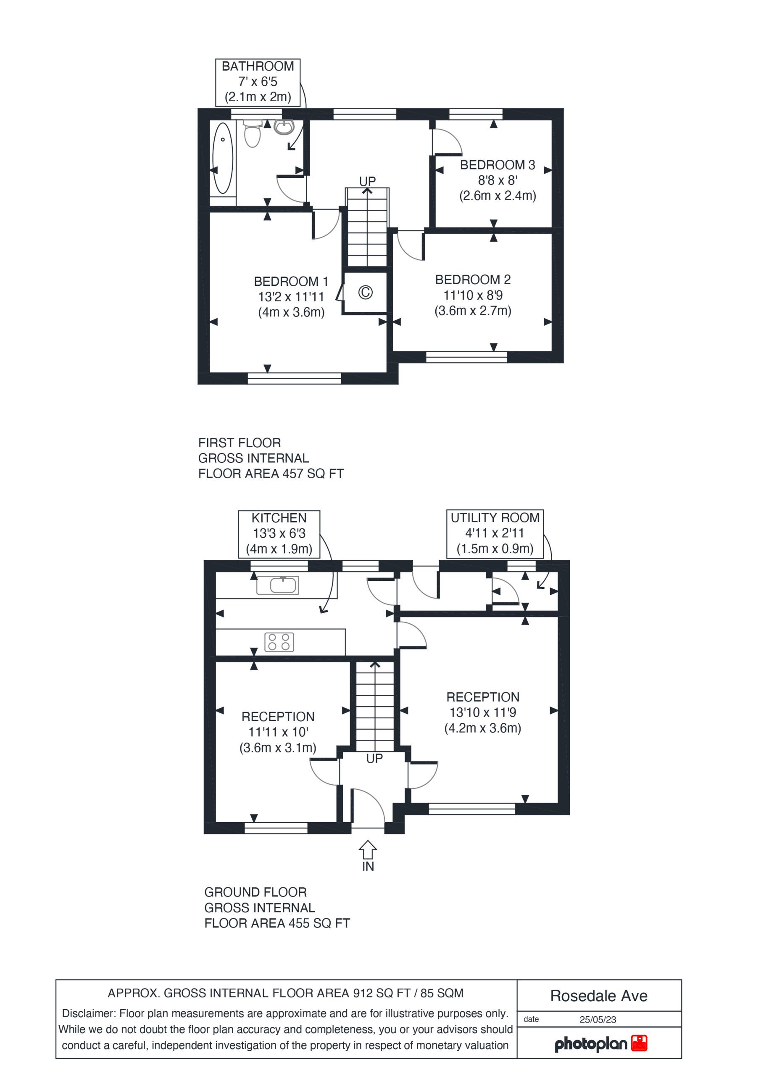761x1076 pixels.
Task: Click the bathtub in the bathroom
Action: [x=223, y=158]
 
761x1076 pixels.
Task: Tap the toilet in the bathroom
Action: [x=253, y=134]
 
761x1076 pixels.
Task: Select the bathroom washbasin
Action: [x=284, y=127]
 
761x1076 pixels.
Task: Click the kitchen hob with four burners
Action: [x=279, y=642]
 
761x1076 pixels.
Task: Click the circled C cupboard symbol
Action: [x=366, y=293]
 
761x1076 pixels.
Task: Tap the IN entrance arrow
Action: [x=368, y=851]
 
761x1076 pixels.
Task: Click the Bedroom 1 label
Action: [x=291, y=282]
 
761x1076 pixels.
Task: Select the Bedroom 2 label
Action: [x=473, y=280]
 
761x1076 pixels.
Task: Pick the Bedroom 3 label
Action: [x=498, y=165]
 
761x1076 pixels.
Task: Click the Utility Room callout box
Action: [x=495, y=534]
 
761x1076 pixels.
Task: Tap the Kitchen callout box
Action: [x=279, y=534]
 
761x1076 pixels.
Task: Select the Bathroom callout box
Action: [x=258, y=82]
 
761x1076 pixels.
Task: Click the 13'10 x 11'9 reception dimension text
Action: [x=483, y=713]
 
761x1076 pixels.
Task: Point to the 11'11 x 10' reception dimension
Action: [x=278, y=732]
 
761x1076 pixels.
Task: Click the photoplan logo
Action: [x=601, y=1044]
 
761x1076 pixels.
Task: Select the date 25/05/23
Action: [x=598, y=1019]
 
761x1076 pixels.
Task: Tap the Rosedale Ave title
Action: [x=599, y=996]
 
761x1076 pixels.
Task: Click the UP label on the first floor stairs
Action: [x=367, y=181]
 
